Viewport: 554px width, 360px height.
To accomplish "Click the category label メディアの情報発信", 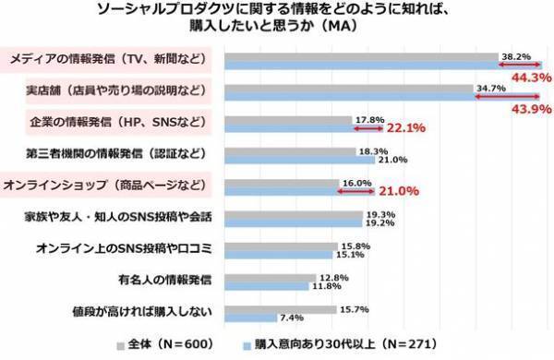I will pyautogui.click(x=108, y=61).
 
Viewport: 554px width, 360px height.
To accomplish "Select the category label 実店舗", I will pyautogui.click(x=108, y=92).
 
